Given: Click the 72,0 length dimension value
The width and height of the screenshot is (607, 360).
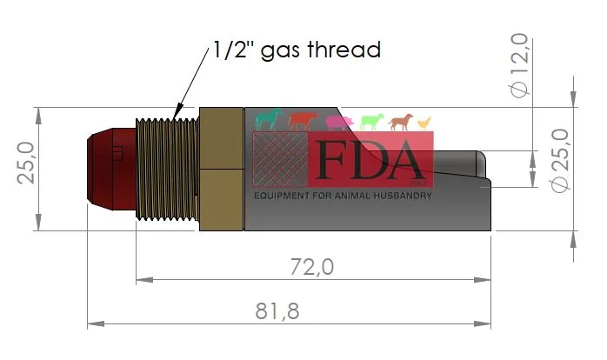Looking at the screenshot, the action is (x=312, y=267).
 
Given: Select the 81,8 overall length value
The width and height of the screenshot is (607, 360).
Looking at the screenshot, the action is (x=277, y=310).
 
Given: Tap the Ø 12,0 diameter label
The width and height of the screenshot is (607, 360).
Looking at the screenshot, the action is (x=519, y=65).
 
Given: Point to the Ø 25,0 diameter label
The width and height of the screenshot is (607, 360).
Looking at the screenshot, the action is (x=560, y=160).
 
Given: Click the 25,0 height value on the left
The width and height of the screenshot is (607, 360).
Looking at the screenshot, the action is (x=25, y=163).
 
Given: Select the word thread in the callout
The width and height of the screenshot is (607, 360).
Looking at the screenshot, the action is (x=344, y=50).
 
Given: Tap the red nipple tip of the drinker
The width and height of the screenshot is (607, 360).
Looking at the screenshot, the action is (x=111, y=170).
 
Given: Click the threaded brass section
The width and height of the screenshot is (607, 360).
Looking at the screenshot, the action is (x=167, y=170).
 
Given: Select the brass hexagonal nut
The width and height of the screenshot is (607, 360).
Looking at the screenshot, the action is (x=222, y=170).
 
